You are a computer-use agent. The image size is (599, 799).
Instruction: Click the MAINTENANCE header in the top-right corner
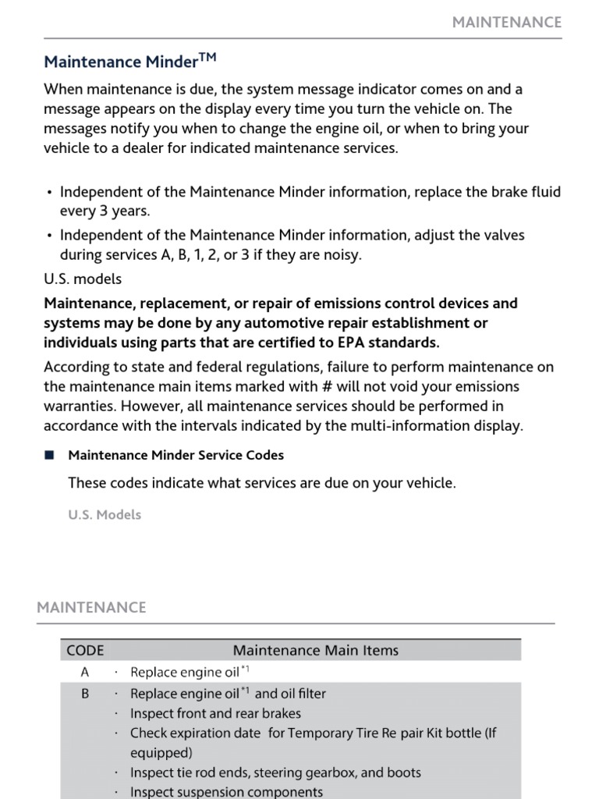coord(507,22)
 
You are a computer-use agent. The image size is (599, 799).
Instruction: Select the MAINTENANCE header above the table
coord(91,607)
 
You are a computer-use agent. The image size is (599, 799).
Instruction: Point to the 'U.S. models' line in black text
coord(83,279)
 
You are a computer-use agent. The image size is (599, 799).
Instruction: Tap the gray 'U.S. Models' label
coord(105,515)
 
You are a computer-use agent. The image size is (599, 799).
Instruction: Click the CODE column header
coord(85,650)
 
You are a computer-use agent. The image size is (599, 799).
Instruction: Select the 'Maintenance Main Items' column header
coord(315,650)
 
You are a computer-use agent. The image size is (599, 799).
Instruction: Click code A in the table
coord(85,672)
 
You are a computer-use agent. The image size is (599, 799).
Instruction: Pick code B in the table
coord(85,694)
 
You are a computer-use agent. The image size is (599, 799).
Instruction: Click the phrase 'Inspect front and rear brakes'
coord(215,713)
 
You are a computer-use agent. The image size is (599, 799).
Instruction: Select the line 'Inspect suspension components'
coord(226,792)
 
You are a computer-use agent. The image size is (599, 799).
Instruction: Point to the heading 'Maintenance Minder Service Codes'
coord(176,455)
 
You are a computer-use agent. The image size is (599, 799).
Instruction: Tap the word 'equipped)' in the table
coord(161,753)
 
